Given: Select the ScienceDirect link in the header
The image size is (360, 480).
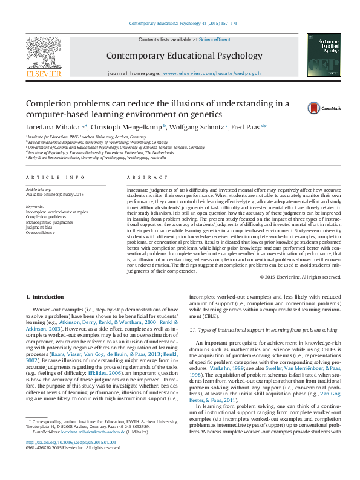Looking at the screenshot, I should pyautogui.click(x=215, y=39).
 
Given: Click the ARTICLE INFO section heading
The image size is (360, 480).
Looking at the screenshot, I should pyautogui.click(x=55, y=177).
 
